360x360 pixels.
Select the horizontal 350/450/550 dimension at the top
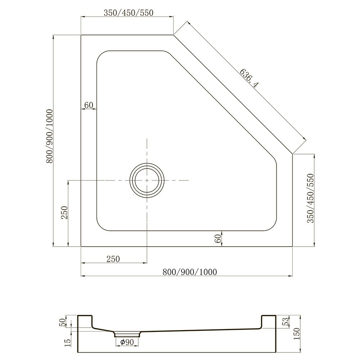click(129, 13)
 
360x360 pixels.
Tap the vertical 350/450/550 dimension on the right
click(310, 198)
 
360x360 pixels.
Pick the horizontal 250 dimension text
click(113, 258)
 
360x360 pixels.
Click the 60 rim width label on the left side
click(89, 105)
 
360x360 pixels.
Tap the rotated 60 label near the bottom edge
click(217, 238)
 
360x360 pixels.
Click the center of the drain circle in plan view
click(147, 180)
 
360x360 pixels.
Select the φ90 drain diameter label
click(127, 342)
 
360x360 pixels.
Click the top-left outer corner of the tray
click(81, 35)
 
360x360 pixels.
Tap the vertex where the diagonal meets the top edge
click(174, 35)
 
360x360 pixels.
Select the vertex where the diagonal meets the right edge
click(292, 154)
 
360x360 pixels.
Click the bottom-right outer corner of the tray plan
click(292, 247)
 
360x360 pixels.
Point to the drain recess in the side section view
click(128, 333)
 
